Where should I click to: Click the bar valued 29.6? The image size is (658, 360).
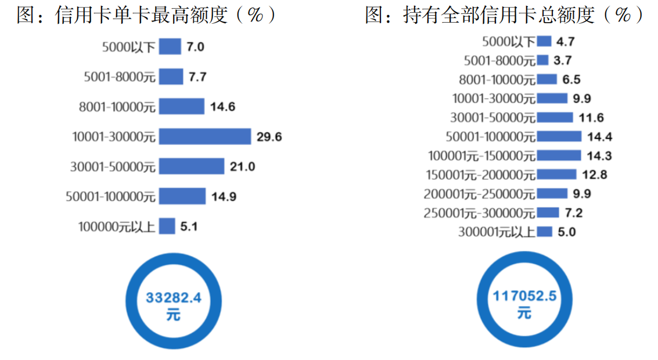204,136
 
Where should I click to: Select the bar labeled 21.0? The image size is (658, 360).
192,166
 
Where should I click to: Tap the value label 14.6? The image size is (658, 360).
223,107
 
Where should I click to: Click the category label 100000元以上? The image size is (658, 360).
117,226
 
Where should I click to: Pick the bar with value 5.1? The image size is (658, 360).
167,226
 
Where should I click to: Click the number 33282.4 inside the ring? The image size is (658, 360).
173,298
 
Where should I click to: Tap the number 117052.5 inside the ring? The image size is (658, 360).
524,296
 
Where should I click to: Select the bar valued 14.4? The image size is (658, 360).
559,136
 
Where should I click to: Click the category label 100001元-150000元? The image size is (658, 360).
481,156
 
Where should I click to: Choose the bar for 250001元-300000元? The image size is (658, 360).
548,213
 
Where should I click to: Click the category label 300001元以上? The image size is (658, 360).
497,232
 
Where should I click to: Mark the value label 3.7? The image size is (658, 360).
563,60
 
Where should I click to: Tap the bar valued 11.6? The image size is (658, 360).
555,118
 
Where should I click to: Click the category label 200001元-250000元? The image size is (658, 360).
479,194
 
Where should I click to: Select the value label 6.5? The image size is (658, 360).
568,80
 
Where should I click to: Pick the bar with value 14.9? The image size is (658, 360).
182,196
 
